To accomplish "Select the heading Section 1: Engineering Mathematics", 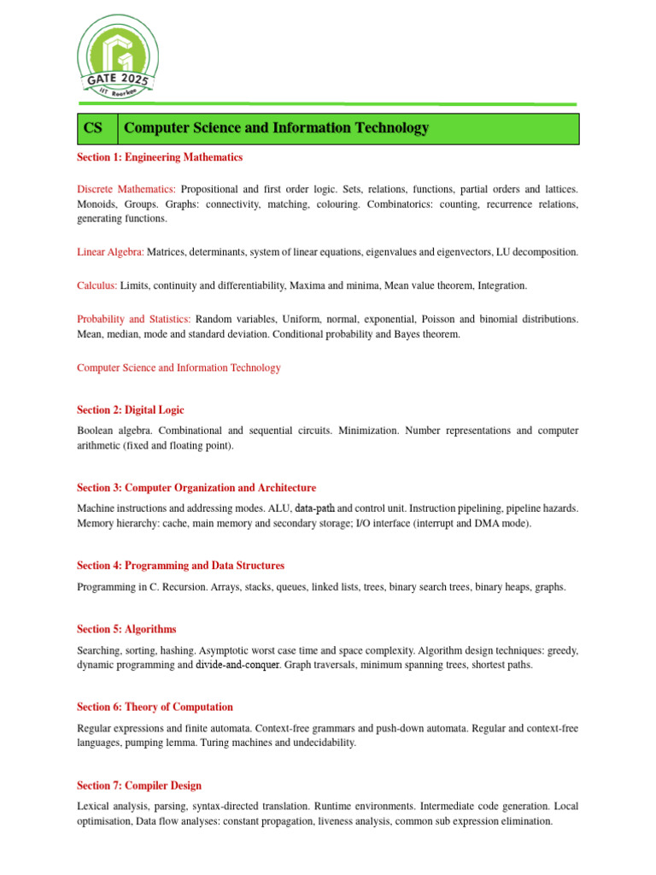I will [160, 157].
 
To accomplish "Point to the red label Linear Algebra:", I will [110, 252].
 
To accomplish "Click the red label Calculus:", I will [97, 285].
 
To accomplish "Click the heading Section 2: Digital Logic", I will [130, 410].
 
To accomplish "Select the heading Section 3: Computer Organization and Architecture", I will [196, 488].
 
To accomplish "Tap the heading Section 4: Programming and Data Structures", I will [180, 566].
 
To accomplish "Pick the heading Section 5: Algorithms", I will [126, 629].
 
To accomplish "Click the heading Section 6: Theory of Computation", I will [155, 707].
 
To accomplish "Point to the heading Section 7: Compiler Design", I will [139, 785].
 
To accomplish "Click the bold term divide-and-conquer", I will [237, 665].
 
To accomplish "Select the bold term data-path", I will [315, 508].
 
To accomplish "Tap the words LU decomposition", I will [537, 252].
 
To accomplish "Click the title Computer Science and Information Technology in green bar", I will [277, 128].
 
